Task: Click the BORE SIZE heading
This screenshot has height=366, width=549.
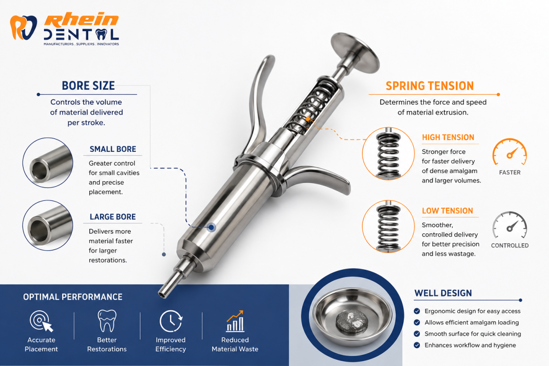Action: coord(88,86)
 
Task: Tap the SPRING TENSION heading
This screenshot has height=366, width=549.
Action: coord(430,86)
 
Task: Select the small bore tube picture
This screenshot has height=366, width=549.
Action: coord(48,163)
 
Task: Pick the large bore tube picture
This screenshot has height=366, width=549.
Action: coord(48,225)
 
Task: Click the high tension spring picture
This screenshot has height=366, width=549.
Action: coord(388,154)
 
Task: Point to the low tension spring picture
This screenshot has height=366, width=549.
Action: coord(388,227)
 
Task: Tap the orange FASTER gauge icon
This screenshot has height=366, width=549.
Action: coord(510,152)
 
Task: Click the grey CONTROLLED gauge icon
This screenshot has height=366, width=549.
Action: coord(510,225)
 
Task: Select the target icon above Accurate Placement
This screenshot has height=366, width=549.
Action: coord(41,321)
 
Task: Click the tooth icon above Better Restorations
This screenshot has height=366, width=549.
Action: coord(107,321)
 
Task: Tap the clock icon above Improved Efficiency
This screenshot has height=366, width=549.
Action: coord(171,321)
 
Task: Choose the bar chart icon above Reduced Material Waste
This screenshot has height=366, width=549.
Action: coord(235,321)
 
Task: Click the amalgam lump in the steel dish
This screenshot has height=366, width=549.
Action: coord(352,321)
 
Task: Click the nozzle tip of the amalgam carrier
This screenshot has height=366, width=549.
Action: coord(163,293)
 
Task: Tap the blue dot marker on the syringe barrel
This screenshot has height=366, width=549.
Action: coord(211,227)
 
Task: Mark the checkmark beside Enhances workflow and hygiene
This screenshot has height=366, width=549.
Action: coord(417,345)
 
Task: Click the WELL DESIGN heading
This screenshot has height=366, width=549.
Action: coord(443,293)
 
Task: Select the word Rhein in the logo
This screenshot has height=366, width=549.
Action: coord(81,20)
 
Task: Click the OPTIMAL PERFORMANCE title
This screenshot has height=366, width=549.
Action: coord(73,297)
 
